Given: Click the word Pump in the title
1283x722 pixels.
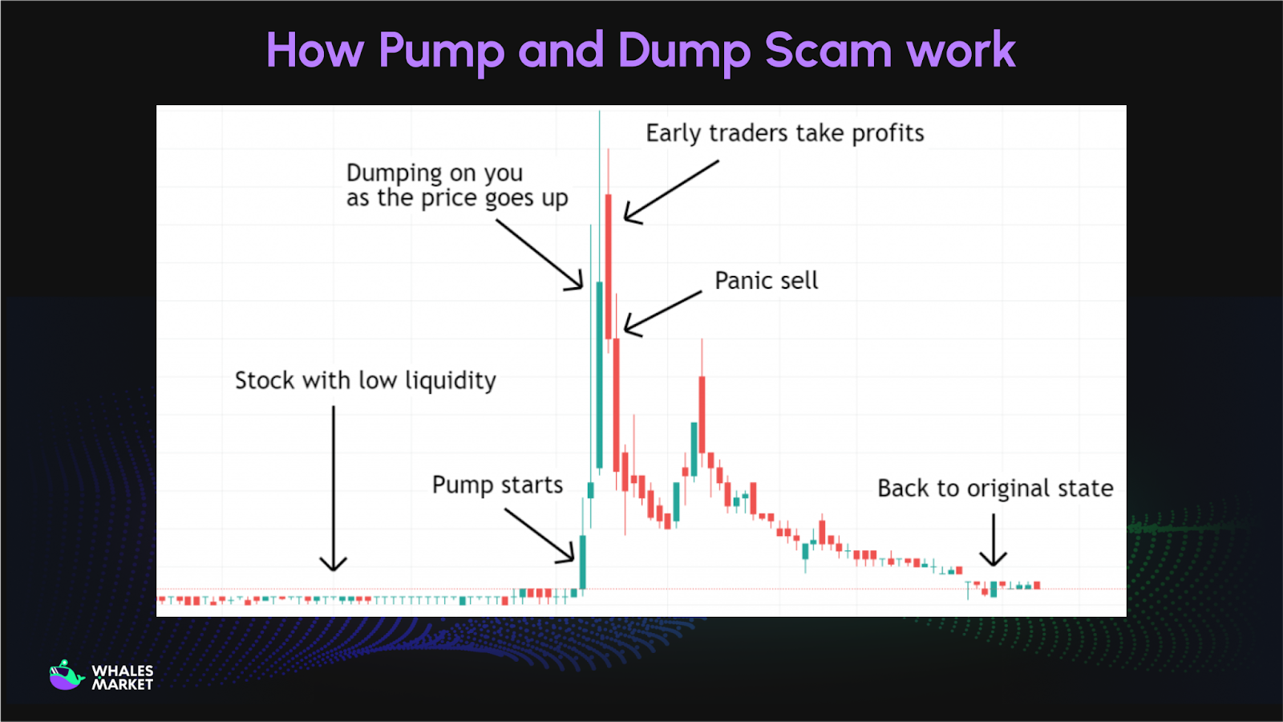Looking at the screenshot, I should (441, 51).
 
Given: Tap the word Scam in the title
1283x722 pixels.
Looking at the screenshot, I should (828, 51).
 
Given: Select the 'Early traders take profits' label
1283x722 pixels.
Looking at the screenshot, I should (784, 133).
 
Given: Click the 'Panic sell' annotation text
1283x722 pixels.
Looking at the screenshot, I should (766, 281).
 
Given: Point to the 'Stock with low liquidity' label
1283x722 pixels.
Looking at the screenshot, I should (365, 380).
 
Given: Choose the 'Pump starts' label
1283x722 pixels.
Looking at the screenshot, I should (497, 485).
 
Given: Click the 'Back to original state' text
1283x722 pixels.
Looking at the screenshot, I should (994, 489).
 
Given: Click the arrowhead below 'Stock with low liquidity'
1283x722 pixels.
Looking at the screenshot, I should (334, 564).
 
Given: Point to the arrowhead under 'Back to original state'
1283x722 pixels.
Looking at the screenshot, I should (994, 559).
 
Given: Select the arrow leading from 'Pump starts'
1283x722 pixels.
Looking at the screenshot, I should (540, 534).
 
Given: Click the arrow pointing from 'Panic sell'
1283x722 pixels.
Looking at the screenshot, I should (662, 313).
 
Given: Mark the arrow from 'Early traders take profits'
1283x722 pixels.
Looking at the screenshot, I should (672, 191).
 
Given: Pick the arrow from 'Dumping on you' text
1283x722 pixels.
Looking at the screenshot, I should (539, 254).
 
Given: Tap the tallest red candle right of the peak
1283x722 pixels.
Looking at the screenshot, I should (609, 265).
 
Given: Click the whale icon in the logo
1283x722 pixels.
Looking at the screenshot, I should (66, 675).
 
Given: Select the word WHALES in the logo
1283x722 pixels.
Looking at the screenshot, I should (122, 671).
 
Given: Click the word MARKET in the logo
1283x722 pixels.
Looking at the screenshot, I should (122, 685).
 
